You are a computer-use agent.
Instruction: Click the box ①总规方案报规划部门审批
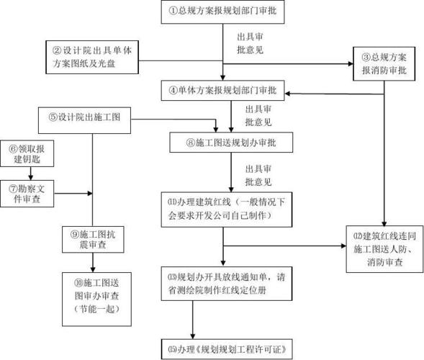point(223,11)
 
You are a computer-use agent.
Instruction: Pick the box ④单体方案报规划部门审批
point(223,91)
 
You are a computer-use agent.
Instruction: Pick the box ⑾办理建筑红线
point(224,208)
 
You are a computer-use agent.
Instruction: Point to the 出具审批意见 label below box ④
point(258,116)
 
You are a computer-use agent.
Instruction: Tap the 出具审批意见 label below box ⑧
point(258,175)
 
